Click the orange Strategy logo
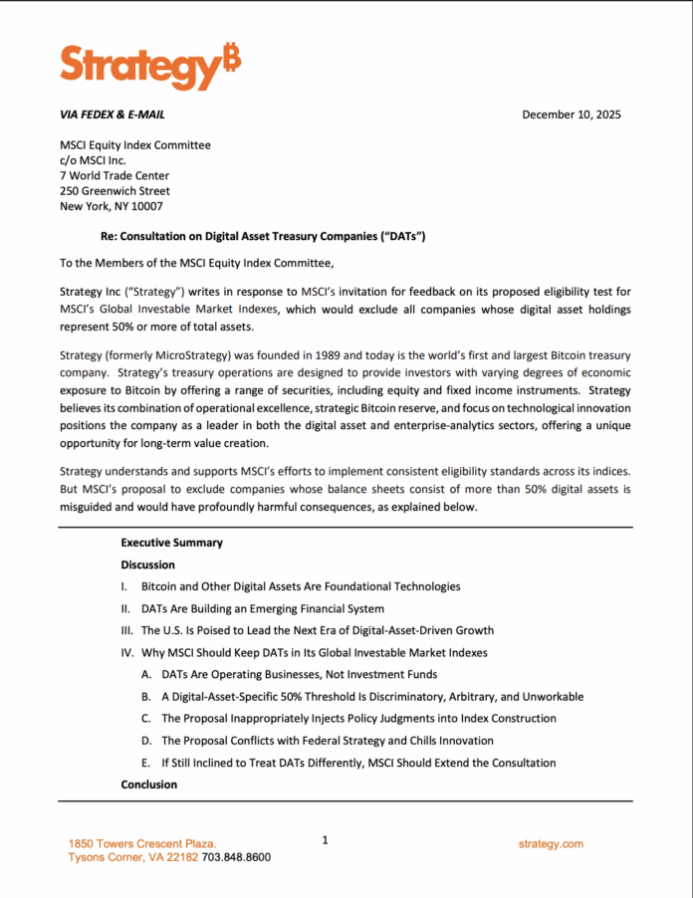coord(149,66)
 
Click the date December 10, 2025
coord(571,114)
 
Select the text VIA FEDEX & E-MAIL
coord(113,114)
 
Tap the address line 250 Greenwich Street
coord(115,191)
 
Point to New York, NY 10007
coord(112,206)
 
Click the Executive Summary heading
coord(171,543)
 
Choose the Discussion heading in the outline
coord(147,564)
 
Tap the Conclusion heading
coord(148,785)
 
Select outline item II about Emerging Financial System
coord(262,608)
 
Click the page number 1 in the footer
coord(325,840)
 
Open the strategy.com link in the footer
coord(551,844)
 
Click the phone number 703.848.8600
coord(236,857)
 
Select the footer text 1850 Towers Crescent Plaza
coord(142,844)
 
